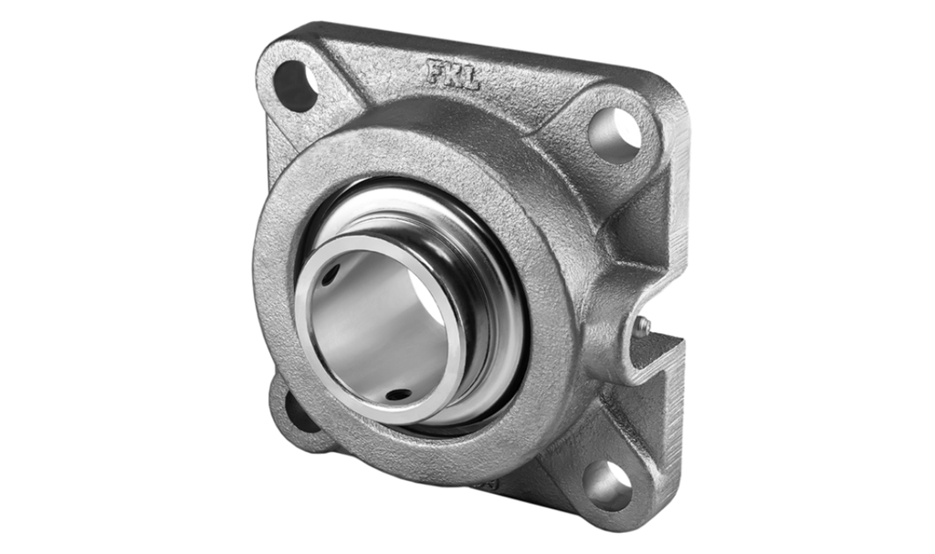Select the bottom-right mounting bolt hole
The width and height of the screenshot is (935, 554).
point(607,485)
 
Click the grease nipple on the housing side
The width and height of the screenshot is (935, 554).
point(645,324)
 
